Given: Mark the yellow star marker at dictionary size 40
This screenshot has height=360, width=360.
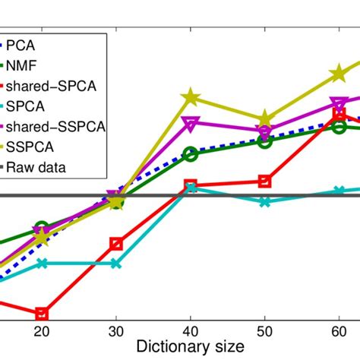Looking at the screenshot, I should pyautogui.click(x=190, y=98).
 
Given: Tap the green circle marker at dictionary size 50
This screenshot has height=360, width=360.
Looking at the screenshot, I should pyautogui.click(x=264, y=141).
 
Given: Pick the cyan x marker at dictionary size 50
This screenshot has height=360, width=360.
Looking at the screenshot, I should pyautogui.click(x=264, y=202).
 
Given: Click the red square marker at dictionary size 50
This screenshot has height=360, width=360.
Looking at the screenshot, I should pyautogui.click(x=264, y=181).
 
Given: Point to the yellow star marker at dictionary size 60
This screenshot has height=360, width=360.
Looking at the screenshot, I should pyautogui.click(x=339, y=74).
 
